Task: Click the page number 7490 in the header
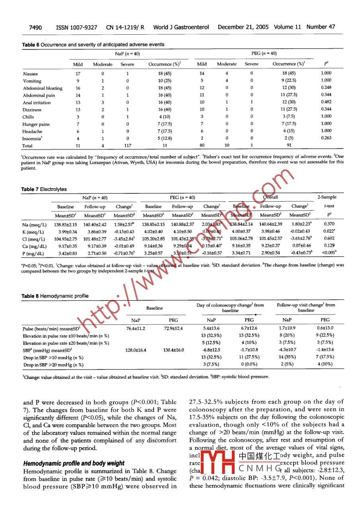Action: (35, 27)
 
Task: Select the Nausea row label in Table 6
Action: (31, 73)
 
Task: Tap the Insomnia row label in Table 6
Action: (33, 138)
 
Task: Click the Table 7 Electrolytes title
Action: (44, 189)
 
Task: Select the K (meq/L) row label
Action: (33, 232)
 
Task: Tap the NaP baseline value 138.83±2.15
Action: (65, 225)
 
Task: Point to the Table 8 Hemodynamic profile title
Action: (55, 296)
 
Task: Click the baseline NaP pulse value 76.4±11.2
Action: (135, 328)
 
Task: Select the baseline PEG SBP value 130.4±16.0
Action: (174, 350)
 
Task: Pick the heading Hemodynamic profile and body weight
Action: (74, 463)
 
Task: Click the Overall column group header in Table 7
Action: (270, 197)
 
